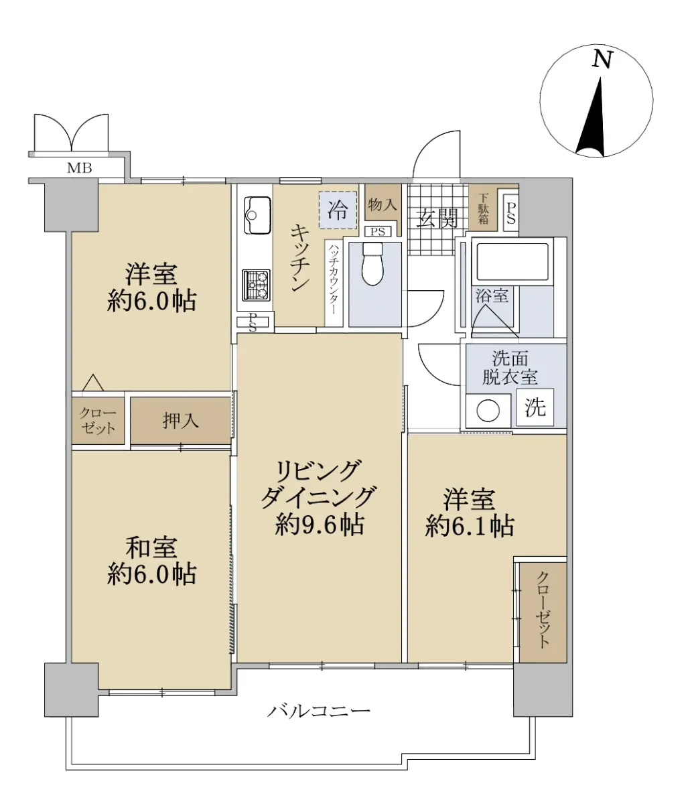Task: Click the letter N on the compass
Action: coord(602,60)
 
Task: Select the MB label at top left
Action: coord(80,168)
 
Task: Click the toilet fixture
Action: coord(372,264)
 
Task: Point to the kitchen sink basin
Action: coord(257,215)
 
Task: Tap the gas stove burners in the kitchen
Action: coord(257,285)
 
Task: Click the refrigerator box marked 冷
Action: coord(338,210)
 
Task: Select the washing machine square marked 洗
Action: coord(535,407)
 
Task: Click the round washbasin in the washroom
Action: coord(488,410)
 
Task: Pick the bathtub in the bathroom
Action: coord(512,261)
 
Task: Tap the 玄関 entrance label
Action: coord(437,218)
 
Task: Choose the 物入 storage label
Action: coord(383,204)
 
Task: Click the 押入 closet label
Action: coord(180,421)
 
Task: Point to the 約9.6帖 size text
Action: coord(320,525)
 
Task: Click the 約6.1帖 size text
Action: coord(470,526)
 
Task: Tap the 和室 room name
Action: coord(151,547)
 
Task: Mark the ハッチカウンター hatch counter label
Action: coord(334,279)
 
